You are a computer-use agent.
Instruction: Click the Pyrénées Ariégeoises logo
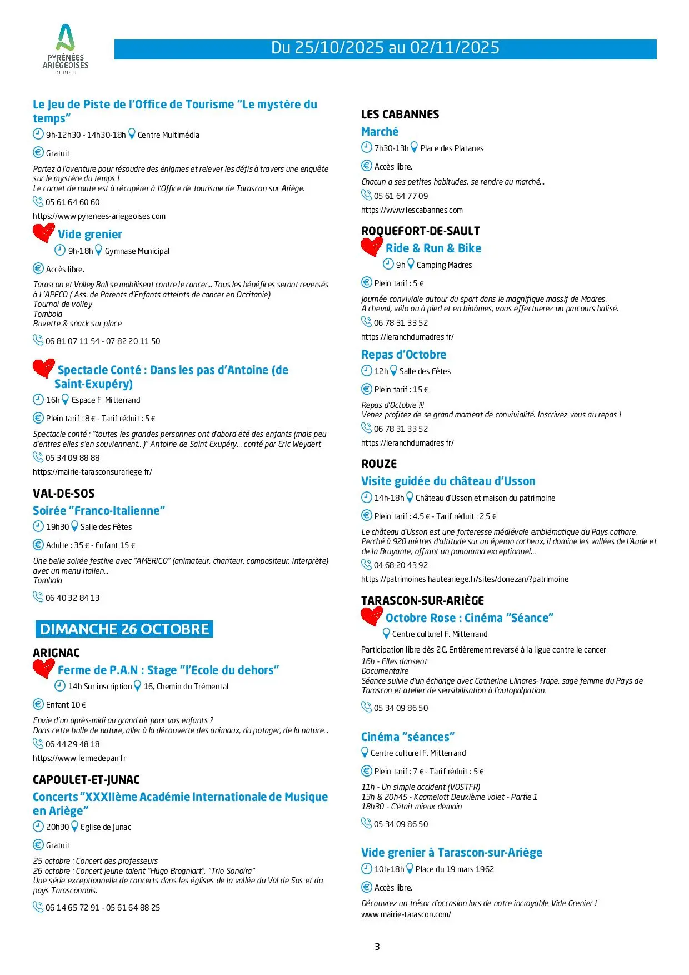(x=66, y=49)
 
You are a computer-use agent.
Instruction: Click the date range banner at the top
(x=385, y=49)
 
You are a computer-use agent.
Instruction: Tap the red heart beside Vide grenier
(x=43, y=232)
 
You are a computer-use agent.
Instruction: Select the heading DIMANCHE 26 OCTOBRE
(x=124, y=629)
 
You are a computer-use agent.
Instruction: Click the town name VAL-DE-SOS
(x=64, y=494)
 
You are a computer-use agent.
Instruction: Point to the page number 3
(x=377, y=947)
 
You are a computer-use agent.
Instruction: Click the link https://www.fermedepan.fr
(x=79, y=758)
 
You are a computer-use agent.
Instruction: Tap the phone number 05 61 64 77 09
(x=401, y=196)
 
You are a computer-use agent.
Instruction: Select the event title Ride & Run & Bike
(x=433, y=248)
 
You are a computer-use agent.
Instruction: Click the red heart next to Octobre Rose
(x=371, y=616)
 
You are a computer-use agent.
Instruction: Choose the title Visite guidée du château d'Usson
(x=448, y=481)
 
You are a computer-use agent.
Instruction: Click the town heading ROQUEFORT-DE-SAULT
(x=421, y=231)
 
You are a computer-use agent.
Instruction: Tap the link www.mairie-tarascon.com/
(x=406, y=914)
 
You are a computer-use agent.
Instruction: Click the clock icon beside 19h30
(x=38, y=526)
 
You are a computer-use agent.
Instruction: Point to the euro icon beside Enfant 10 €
(x=38, y=704)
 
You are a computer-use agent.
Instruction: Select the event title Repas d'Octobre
(x=403, y=355)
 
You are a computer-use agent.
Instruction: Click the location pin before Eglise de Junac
(x=75, y=827)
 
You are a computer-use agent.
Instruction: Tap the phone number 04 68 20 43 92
(x=401, y=565)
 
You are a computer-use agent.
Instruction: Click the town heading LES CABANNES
(x=400, y=115)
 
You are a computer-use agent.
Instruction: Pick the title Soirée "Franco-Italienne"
(x=99, y=511)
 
